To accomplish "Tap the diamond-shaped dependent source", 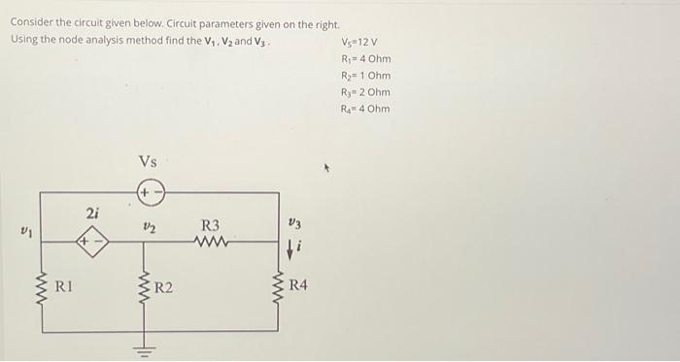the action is tap(92, 237).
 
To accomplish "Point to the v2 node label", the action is tap(149, 225).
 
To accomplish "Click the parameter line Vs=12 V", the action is tap(361, 42).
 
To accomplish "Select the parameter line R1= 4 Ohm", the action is tap(365, 58).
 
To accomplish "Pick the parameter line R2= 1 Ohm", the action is tap(365, 75).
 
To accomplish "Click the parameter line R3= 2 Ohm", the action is tap(365, 91).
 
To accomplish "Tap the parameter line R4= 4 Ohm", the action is tap(365, 108).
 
